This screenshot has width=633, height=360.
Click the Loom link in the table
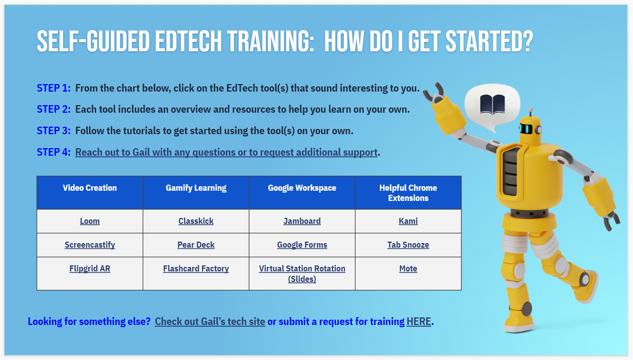pyautogui.click(x=89, y=221)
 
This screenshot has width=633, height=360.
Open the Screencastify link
pyautogui.click(x=89, y=245)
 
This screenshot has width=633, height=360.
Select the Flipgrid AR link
pyautogui.click(x=89, y=268)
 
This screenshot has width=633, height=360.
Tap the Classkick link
pyautogui.click(x=196, y=221)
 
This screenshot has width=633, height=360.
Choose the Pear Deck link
pyautogui.click(x=196, y=245)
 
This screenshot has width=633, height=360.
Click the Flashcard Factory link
pyautogui.click(x=196, y=268)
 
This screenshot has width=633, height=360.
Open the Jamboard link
pyautogui.click(x=302, y=221)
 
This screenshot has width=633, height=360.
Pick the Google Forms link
pyautogui.click(x=302, y=245)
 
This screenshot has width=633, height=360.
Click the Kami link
pyautogui.click(x=408, y=221)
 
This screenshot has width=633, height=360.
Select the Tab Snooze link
pyautogui.click(x=408, y=245)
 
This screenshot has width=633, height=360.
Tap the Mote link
pyautogui.click(x=408, y=268)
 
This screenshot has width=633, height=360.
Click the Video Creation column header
pyautogui.click(x=89, y=188)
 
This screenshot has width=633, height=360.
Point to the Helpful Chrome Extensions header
pyautogui.click(x=408, y=193)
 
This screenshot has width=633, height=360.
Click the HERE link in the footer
pyautogui.click(x=419, y=322)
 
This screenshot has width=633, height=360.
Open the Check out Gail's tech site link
pyautogui.click(x=210, y=322)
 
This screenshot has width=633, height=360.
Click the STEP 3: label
pyautogui.click(x=54, y=131)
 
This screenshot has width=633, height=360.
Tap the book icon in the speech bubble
pyautogui.click(x=492, y=104)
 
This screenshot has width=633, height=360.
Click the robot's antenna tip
pyautogui.click(x=530, y=110)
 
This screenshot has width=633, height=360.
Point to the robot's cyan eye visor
pyautogui.click(x=526, y=129)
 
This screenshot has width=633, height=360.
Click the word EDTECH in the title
pyautogui.click(x=188, y=41)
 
